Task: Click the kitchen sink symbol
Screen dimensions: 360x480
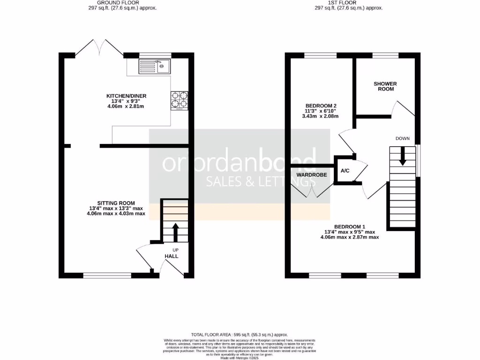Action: (x=155, y=67)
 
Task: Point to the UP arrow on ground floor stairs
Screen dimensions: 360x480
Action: (x=176, y=232)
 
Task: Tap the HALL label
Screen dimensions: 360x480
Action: (x=172, y=256)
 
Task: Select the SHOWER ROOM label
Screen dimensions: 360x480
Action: (x=385, y=86)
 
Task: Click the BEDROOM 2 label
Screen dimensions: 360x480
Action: (x=321, y=105)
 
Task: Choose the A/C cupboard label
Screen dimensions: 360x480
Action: (x=345, y=171)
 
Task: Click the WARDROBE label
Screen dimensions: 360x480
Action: (x=310, y=175)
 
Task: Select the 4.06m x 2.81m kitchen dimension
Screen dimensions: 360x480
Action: (x=126, y=106)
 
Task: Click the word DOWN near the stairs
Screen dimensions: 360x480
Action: (x=403, y=138)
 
